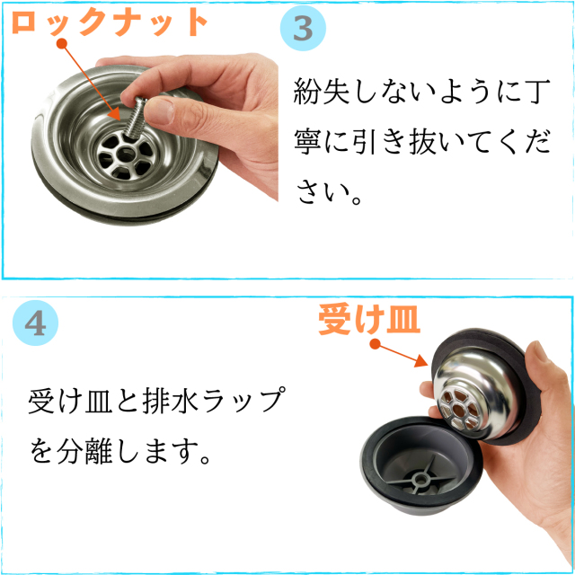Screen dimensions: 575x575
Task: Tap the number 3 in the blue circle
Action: click(x=304, y=29)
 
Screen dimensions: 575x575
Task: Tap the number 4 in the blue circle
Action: click(x=36, y=323)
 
